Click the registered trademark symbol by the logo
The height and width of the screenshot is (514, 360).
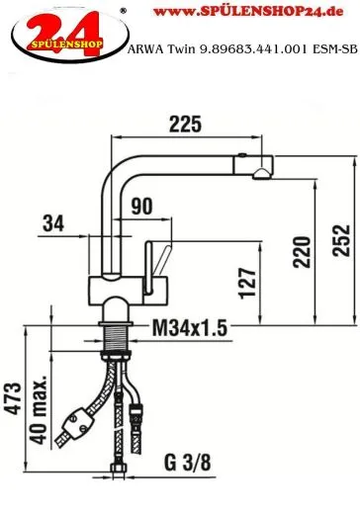[122, 11]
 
